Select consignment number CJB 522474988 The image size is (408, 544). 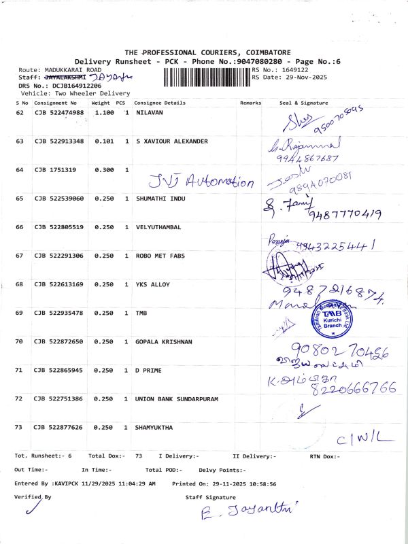pyautogui.click(x=59, y=112)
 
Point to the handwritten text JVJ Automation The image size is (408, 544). pyautogui.click(x=201, y=182)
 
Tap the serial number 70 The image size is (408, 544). pyautogui.click(x=20, y=341)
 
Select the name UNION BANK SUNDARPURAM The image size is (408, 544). pyautogui.click(x=177, y=398)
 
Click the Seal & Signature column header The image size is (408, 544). pyautogui.click(x=303, y=103)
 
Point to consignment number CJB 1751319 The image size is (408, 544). pyautogui.click(x=55, y=170)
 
